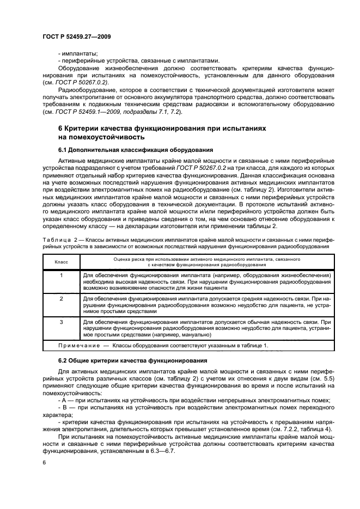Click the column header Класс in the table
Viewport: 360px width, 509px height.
[x=61, y=262]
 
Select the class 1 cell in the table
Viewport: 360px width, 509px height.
[x=61, y=275]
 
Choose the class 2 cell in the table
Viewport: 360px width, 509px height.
[x=61, y=299]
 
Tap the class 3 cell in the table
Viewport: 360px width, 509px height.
[x=61, y=322]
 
